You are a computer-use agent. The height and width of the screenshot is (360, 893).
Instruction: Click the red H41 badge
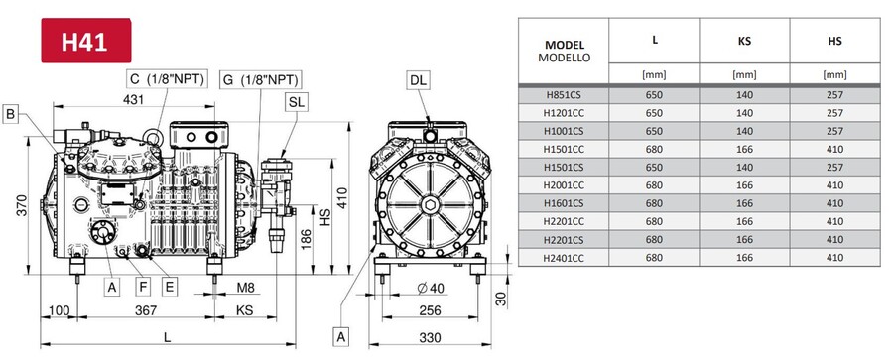click(x=86, y=41)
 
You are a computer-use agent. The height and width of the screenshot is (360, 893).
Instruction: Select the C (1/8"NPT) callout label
click(x=167, y=78)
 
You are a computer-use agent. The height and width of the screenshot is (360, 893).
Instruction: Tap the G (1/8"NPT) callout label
click(x=260, y=79)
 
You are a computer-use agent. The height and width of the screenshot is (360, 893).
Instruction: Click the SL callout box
click(x=297, y=102)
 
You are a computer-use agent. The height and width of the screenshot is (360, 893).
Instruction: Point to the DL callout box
click(x=418, y=80)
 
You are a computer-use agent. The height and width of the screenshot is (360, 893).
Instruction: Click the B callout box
click(x=10, y=114)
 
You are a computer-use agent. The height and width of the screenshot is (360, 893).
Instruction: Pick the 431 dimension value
click(x=133, y=99)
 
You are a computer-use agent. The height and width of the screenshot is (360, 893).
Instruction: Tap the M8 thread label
click(x=245, y=287)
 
